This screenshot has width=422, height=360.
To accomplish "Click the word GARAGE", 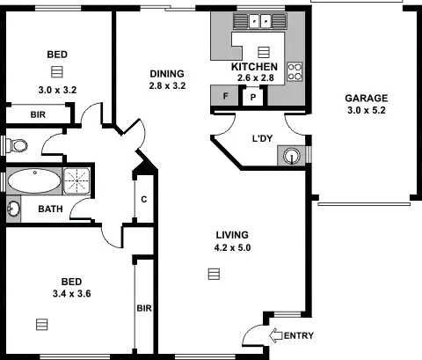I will pos(365,98).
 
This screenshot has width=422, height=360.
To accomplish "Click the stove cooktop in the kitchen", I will pos(295,70).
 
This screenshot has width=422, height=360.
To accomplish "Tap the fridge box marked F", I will pos(226,96).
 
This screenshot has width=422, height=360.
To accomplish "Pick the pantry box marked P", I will pos(254,97).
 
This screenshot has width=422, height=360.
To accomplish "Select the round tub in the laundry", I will pos(293,157).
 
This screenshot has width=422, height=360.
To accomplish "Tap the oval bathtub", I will pos(34,182).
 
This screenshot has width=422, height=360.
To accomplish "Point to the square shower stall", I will pos(79,181).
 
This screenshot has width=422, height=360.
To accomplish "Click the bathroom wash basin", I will pos(13,209).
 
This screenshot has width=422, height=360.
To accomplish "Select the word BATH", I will pos(49,210).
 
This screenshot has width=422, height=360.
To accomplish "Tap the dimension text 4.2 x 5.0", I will pos(233,248).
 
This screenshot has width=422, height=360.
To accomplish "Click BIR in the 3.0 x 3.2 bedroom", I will pos(38,114).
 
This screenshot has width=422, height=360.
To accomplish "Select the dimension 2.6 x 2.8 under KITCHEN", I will pos(255,78).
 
